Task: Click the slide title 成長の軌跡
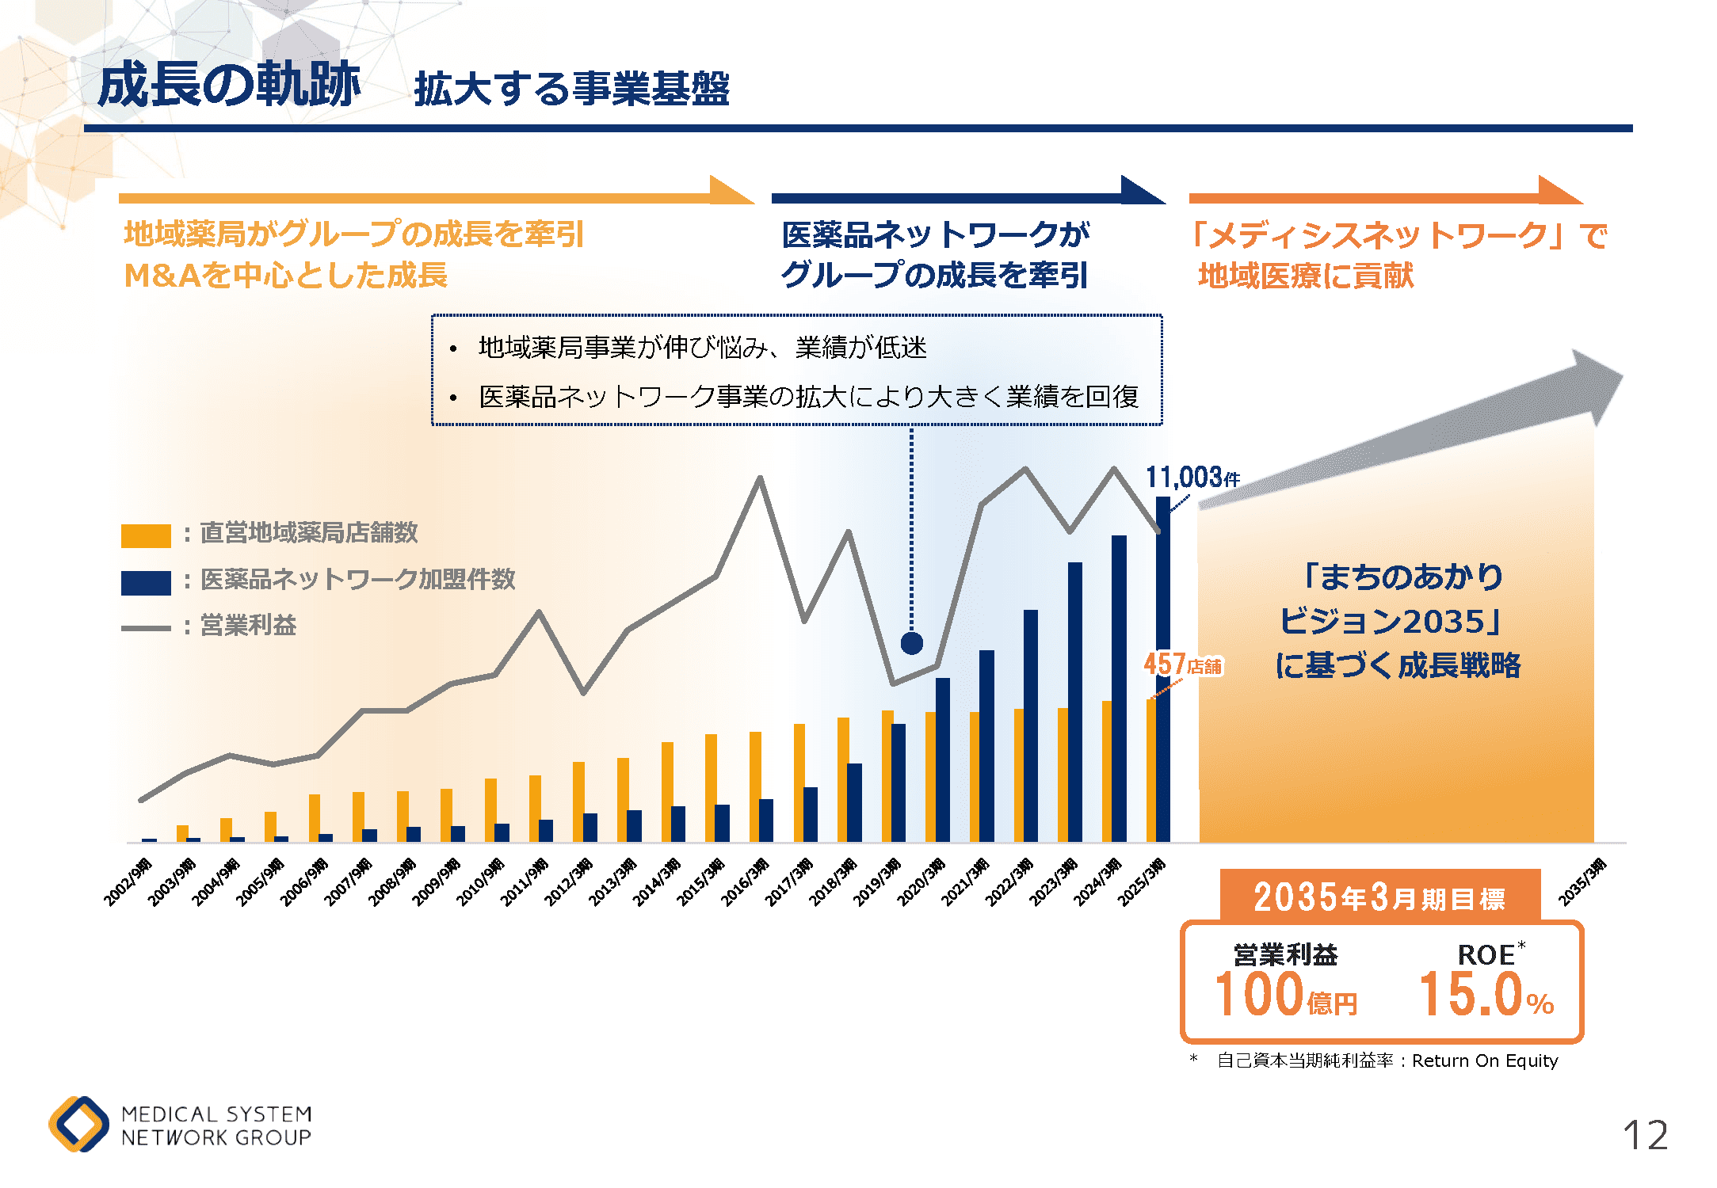pos(229,85)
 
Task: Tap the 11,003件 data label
pos(1192,478)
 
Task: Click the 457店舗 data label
pos(1183,664)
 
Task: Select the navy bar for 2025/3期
pos(1162,673)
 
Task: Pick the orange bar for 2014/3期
pos(667,792)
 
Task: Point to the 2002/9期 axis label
pos(128,881)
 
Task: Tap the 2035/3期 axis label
pos(1582,881)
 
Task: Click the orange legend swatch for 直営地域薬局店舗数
pos(146,536)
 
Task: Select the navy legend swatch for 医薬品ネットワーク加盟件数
pos(146,582)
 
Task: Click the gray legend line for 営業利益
pos(146,628)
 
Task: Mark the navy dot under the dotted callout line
pos(912,643)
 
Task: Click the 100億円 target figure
pos(1286,995)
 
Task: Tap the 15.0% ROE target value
pos(1486,995)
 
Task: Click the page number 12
pos(1645,1136)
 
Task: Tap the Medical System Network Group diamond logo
pos(78,1124)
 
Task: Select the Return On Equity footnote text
pos(1388,1060)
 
